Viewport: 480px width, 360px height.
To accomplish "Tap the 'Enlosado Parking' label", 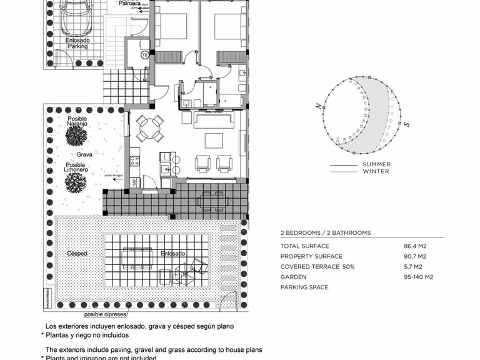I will (x=77, y=42).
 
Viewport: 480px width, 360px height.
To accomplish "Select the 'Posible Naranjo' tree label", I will (x=77, y=121).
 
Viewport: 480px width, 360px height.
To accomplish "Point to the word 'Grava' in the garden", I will (x=85, y=154).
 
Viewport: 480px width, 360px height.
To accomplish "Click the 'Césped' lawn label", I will (x=77, y=253).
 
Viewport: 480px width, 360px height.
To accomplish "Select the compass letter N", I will (x=320, y=107).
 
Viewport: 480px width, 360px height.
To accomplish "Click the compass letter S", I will (x=406, y=124).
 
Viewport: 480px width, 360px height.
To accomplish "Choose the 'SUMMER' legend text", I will (x=376, y=164).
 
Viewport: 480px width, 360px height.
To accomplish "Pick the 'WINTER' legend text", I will (x=376, y=171).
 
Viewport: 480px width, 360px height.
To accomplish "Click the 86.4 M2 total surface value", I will (x=415, y=246).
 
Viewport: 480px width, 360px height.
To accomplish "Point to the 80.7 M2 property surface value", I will (x=415, y=256).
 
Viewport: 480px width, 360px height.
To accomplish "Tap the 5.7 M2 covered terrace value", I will (x=415, y=267).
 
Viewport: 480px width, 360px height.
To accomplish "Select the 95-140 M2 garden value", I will (x=419, y=277).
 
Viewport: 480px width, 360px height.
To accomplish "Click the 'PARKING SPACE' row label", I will (x=304, y=287).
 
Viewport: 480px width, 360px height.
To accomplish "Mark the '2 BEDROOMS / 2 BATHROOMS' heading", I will (x=325, y=232).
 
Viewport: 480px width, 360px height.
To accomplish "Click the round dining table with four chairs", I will (x=150, y=128).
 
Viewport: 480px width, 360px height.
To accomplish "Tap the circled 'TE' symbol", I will (x=144, y=54).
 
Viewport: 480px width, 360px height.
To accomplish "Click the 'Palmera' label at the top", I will (x=129, y=3).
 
